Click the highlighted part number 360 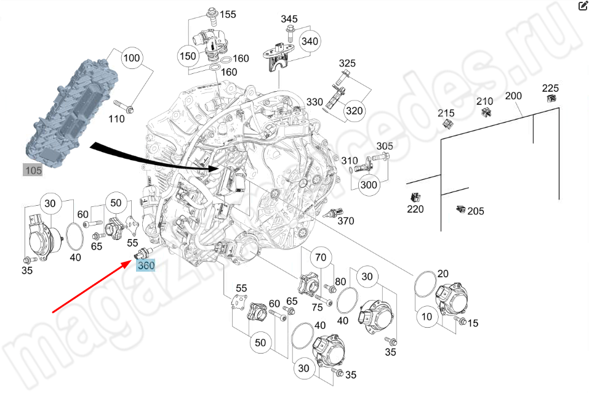click(x=146, y=266)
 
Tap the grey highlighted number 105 click(x=33, y=170)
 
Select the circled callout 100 click(x=132, y=59)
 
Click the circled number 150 click(x=187, y=56)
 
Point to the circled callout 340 click(x=310, y=41)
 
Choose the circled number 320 click(x=354, y=111)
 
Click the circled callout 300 click(x=369, y=184)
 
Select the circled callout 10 click(x=427, y=317)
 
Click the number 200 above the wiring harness click(x=513, y=95)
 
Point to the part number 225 click(x=550, y=87)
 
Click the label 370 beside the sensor click(x=346, y=221)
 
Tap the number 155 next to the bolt click(x=228, y=14)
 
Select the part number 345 click(x=289, y=19)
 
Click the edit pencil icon click(x=582, y=7)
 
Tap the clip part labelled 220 click(x=414, y=198)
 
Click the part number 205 click(x=475, y=211)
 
